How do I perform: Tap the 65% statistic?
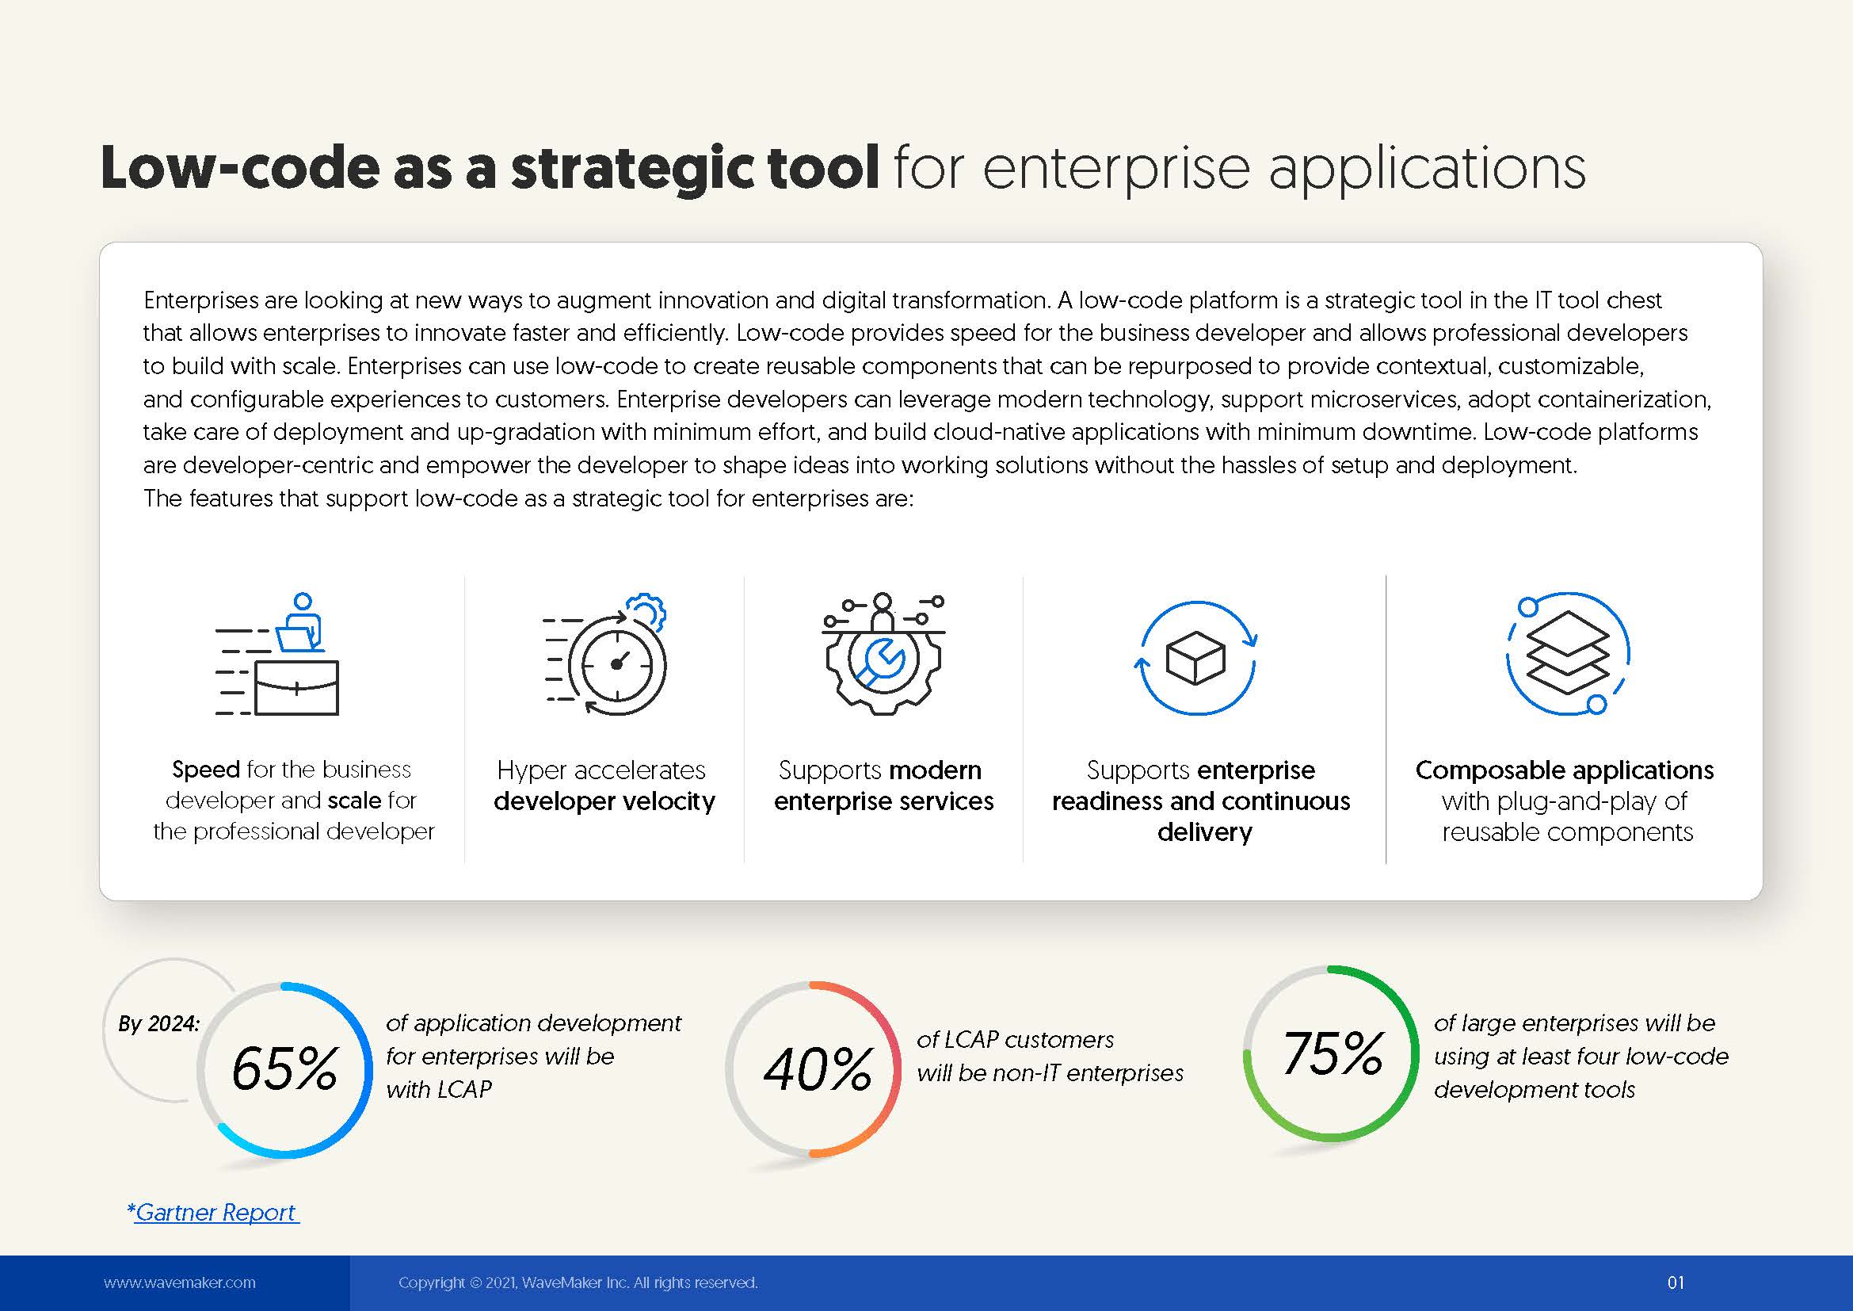coord(284,1068)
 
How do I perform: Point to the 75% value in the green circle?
coord(1333,1053)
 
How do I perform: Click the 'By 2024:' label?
coord(159,1023)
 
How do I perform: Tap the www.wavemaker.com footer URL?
coord(179,1282)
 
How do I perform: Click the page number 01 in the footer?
coord(1676,1282)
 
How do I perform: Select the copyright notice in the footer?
coord(578,1282)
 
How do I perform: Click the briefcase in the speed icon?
coord(296,688)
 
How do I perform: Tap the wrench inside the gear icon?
coord(881,661)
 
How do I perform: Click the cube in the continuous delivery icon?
coord(1196,657)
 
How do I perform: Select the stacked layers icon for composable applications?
coord(1566,652)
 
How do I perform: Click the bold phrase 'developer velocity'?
coord(604,801)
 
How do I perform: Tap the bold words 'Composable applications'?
coord(1564,770)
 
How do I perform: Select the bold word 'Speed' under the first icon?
coord(206,770)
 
